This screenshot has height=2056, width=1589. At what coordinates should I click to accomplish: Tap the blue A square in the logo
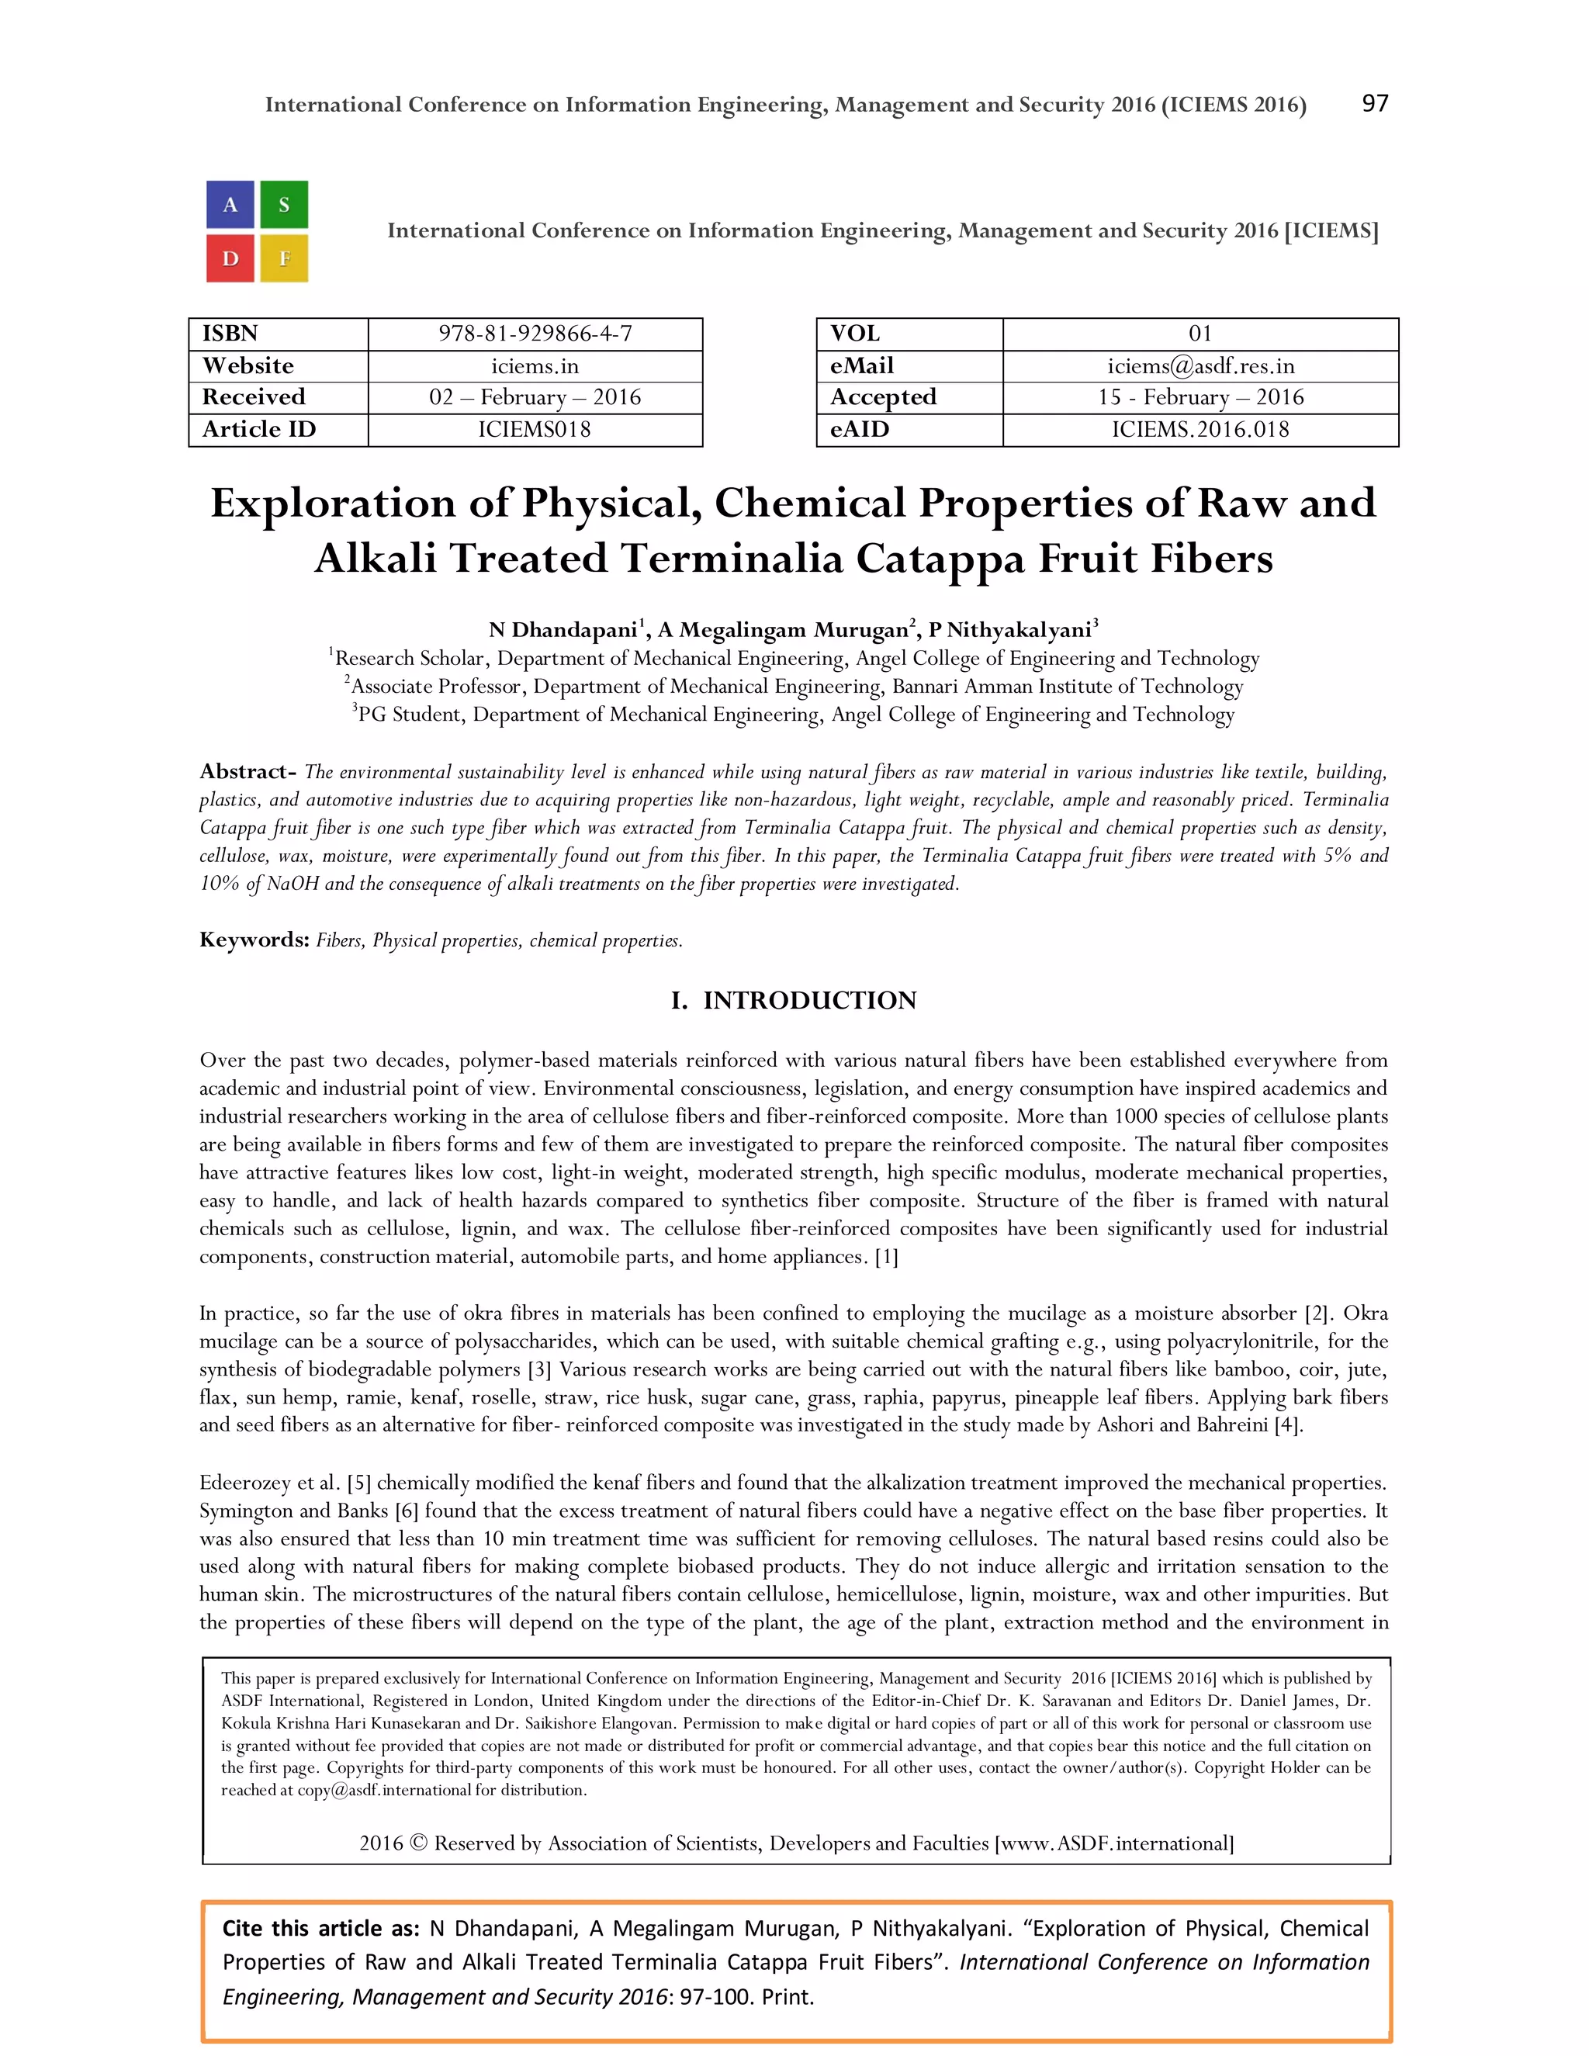(x=230, y=206)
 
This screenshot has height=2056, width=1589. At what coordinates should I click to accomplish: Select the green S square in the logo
(x=283, y=206)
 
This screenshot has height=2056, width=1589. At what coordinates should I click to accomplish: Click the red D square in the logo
(x=230, y=258)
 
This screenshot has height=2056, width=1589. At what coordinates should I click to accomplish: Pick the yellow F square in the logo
(x=283, y=258)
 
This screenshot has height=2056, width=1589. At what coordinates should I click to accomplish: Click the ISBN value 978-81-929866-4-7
(x=535, y=334)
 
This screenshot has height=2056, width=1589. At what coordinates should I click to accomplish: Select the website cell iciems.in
(x=535, y=366)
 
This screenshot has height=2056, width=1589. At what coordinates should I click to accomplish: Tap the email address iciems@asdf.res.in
(x=1200, y=366)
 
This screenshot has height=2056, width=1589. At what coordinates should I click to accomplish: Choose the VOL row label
(x=855, y=334)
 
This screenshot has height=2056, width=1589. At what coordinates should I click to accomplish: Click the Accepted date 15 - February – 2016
(x=1200, y=397)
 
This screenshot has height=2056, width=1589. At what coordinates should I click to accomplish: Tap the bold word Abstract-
(x=248, y=772)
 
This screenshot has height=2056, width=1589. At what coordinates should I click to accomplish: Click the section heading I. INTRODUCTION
(x=794, y=1000)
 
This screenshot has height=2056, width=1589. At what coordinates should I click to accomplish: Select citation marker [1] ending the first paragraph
(x=886, y=1258)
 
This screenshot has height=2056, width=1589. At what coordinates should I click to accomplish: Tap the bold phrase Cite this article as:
(x=320, y=1929)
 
